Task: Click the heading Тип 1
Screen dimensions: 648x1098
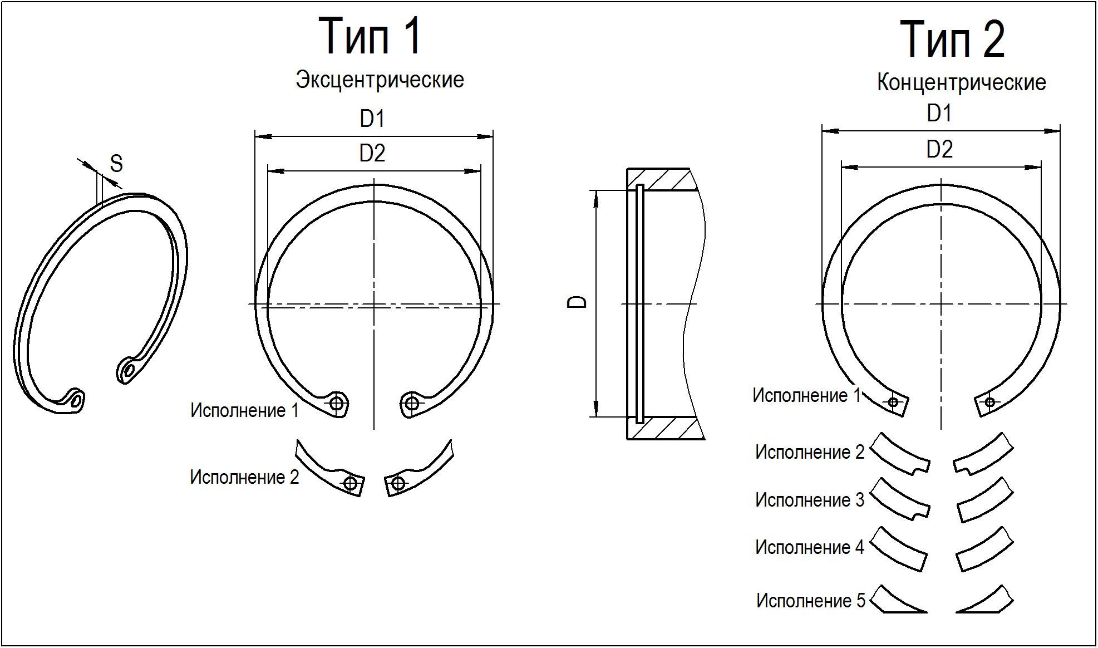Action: [x=370, y=37]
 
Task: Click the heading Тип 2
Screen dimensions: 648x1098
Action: [x=952, y=40]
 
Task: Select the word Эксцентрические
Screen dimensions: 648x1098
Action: [x=380, y=80]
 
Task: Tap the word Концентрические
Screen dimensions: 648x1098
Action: [x=961, y=82]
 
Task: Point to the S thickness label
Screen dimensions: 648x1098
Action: [x=116, y=164]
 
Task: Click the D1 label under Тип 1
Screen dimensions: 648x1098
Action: [x=372, y=119]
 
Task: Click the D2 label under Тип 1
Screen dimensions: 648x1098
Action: [x=372, y=153]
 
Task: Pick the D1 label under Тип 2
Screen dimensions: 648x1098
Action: [x=939, y=114]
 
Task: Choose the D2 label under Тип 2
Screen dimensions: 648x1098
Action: [x=939, y=149]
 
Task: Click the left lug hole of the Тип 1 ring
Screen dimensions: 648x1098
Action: [x=337, y=403]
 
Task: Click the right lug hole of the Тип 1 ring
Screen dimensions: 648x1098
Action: [x=412, y=402]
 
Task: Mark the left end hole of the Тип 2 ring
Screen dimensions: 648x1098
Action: [x=893, y=402]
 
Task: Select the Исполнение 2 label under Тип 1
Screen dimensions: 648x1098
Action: [x=244, y=477]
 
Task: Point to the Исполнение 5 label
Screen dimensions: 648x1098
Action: [x=811, y=601]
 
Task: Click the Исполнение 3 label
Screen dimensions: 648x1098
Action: [x=810, y=500]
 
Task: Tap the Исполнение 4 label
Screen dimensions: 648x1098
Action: [x=810, y=547]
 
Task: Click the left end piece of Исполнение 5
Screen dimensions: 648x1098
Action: [x=893, y=601]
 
